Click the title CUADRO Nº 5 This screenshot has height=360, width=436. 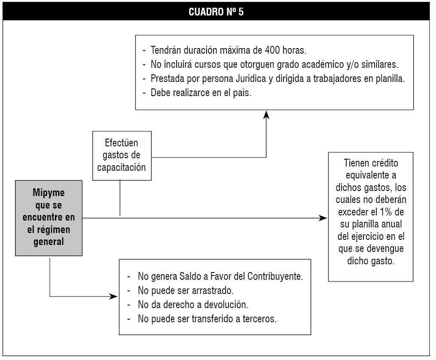(x=216, y=12)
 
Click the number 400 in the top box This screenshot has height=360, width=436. (x=272, y=50)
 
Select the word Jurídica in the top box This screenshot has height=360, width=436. (x=251, y=79)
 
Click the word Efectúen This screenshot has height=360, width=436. (x=121, y=143)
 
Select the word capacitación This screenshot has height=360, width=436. (x=122, y=167)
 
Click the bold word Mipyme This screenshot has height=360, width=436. (x=49, y=193)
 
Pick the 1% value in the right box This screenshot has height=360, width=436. (x=386, y=212)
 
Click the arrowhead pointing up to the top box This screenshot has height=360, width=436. (x=266, y=115)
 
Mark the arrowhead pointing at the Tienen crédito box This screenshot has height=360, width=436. (x=323, y=218)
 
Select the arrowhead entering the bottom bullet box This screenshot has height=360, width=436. (x=113, y=296)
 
